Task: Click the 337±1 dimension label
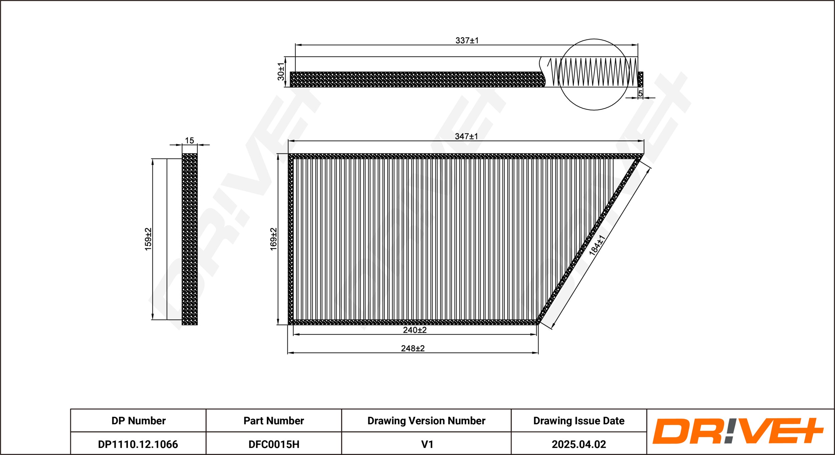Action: point(467,40)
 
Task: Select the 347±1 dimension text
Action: point(466,136)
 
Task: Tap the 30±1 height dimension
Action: point(281,71)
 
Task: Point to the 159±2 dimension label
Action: point(148,239)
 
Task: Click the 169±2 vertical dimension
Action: point(274,239)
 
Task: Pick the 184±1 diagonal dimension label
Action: point(597,245)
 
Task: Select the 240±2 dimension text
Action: point(415,330)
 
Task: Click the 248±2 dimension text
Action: point(413,348)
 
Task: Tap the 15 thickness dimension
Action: point(189,141)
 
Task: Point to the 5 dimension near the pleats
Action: point(640,93)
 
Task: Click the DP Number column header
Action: point(138,421)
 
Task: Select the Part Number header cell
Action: point(274,421)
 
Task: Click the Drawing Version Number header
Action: point(426,421)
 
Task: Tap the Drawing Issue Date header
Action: point(579,421)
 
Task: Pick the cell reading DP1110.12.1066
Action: point(138,444)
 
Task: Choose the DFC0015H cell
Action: point(274,444)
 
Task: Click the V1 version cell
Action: point(427,444)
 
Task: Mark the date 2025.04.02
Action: point(579,444)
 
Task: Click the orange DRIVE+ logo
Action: point(738,431)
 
